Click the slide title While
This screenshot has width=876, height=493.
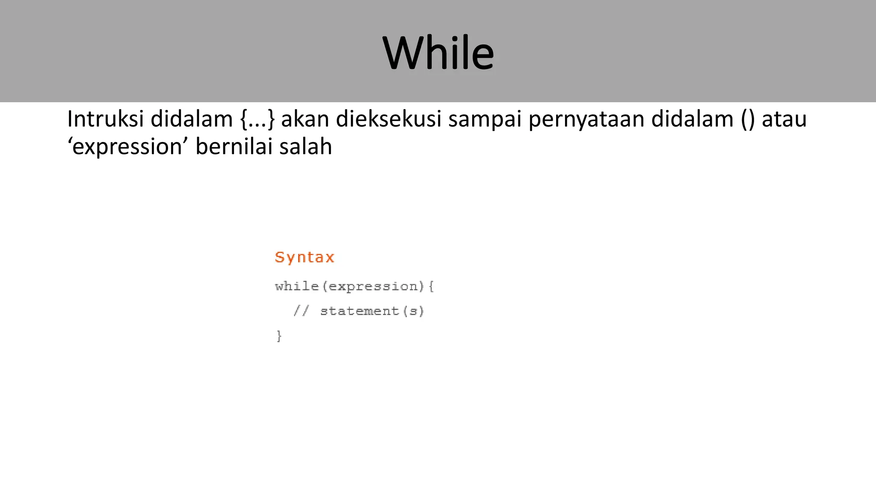[x=438, y=53]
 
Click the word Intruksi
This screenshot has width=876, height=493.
[x=105, y=119]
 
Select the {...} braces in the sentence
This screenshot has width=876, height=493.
[x=257, y=119]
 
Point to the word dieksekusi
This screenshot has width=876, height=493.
[x=388, y=119]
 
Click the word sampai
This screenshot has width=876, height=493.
[x=485, y=120]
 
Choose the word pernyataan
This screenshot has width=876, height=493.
[x=586, y=120]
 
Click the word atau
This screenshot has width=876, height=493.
[x=784, y=119]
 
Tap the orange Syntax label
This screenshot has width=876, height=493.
[x=304, y=257]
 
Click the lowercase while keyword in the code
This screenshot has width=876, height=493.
[x=297, y=286]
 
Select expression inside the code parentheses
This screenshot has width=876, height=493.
[x=373, y=286]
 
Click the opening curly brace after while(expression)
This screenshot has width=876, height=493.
[x=431, y=286]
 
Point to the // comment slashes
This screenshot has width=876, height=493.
[x=301, y=311]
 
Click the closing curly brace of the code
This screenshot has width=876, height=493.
[x=279, y=336]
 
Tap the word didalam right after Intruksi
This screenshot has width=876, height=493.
[x=192, y=119]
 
